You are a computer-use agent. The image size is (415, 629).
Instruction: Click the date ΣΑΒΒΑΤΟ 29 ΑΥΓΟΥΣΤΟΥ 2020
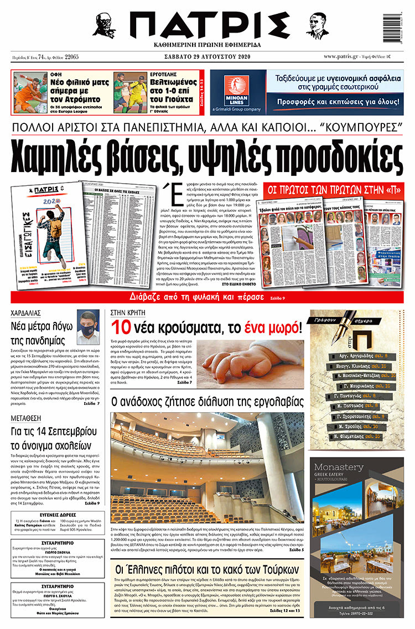tap(207, 56)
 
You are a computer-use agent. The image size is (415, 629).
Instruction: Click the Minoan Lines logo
tap(237, 91)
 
